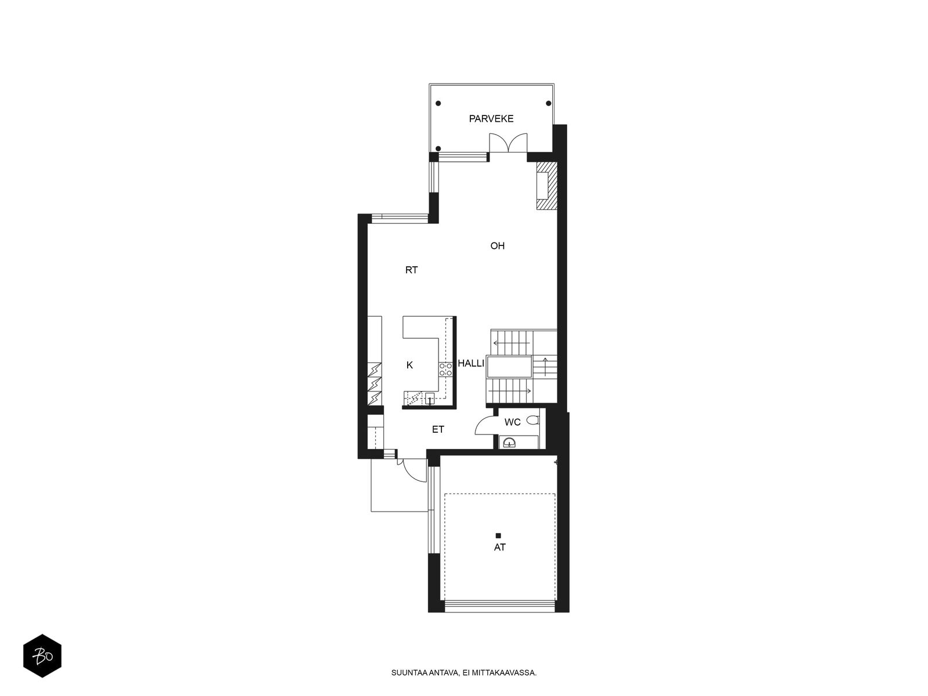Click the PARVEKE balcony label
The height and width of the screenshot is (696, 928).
(491, 119)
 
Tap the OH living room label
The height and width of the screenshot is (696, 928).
(497, 246)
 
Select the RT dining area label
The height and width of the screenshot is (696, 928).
(411, 270)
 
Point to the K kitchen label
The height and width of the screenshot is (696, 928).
(409, 365)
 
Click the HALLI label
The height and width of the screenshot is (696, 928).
(470, 364)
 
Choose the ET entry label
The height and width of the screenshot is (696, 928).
(438, 430)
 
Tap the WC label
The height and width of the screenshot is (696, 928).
(512, 422)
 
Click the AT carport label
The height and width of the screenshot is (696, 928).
(500, 548)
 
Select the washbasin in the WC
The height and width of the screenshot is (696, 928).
(509, 443)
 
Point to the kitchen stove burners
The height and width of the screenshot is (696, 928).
(445, 369)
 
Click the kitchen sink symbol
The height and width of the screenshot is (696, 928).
(430, 398)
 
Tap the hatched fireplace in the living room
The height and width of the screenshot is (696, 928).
(546, 186)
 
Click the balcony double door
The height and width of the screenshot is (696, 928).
(508, 143)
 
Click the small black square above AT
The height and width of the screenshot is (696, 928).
(498, 536)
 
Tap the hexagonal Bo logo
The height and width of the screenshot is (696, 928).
(42, 656)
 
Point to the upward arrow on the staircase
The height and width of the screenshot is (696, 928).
(545, 367)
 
